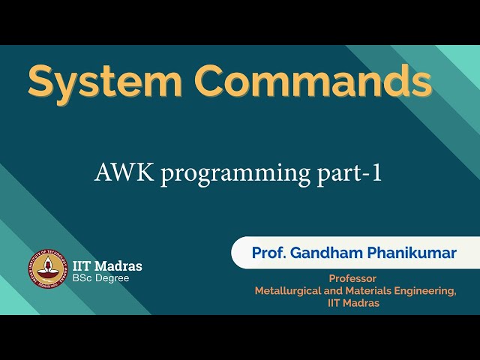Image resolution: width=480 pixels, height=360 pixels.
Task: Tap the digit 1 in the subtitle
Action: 377,173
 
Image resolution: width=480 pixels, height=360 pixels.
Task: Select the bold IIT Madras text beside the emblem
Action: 107,266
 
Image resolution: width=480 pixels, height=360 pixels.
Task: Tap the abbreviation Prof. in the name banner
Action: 268,253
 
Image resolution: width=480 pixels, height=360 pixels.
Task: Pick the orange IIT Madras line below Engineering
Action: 354,303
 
